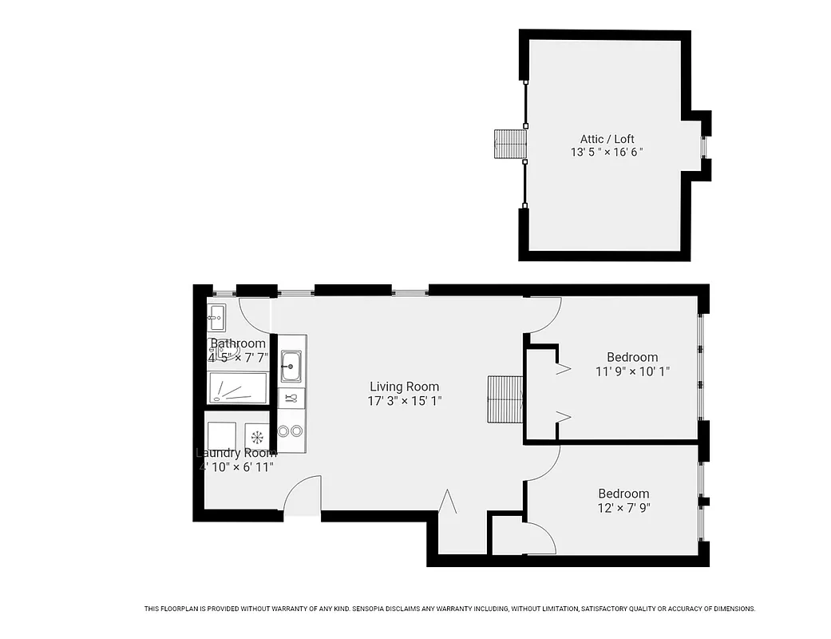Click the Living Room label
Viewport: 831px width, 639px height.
point(404,387)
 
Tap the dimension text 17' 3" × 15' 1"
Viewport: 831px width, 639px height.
point(404,401)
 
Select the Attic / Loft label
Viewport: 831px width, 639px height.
point(607,139)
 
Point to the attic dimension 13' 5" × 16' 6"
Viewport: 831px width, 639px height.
point(607,152)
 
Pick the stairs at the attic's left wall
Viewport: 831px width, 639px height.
point(510,144)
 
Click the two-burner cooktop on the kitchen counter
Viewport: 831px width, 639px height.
point(291,431)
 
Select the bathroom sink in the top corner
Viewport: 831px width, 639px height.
point(216,317)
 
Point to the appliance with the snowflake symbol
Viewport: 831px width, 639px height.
point(257,437)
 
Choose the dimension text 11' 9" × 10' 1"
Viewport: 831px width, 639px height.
point(632,371)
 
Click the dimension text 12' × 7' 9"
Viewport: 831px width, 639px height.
point(623,507)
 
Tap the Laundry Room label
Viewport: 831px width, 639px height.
point(236,453)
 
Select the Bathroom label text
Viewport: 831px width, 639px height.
point(237,343)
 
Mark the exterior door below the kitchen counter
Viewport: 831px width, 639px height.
point(303,497)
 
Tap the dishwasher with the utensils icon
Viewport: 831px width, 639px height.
point(291,397)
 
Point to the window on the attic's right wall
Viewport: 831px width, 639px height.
point(703,147)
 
